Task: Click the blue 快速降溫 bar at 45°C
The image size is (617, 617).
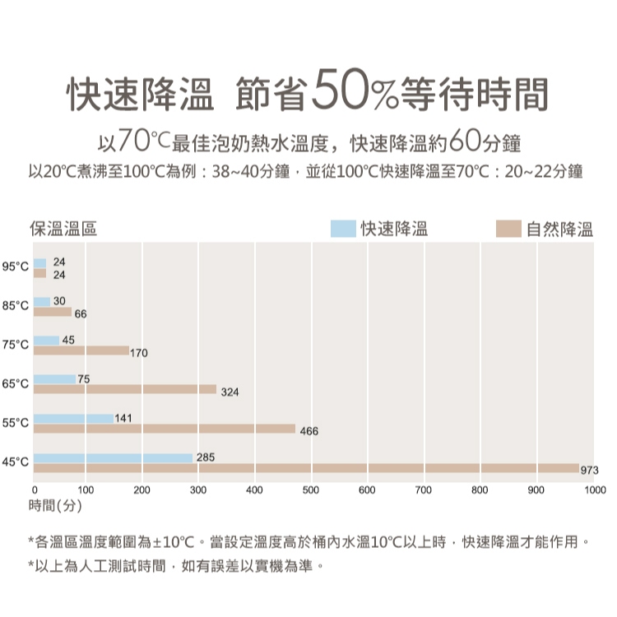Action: pos(114,457)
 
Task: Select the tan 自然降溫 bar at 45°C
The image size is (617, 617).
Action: pos(306,468)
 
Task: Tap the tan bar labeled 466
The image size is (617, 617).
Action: pos(165,429)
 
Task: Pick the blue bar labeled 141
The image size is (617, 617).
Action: pos(74,419)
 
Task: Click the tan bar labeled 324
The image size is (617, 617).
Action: pos(125,389)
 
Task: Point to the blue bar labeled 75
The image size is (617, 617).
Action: pos(54,379)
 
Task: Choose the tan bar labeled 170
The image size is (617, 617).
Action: pos(81,350)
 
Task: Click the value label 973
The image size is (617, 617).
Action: pos(589,469)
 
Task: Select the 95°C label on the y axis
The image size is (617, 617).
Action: pos(16,267)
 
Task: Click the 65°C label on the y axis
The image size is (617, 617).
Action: pos(16,384)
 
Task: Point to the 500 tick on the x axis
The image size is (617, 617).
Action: pos(311,490)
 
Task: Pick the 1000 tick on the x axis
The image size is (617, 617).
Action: pos(593,490)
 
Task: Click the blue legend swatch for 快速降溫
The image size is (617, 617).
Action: pos(343,229)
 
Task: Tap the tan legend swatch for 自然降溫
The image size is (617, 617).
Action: pos(509,229)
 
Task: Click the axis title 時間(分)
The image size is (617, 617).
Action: pos(54,504)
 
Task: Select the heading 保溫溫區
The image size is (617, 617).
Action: pos(63,229)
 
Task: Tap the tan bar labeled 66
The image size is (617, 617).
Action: pos(53,311)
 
